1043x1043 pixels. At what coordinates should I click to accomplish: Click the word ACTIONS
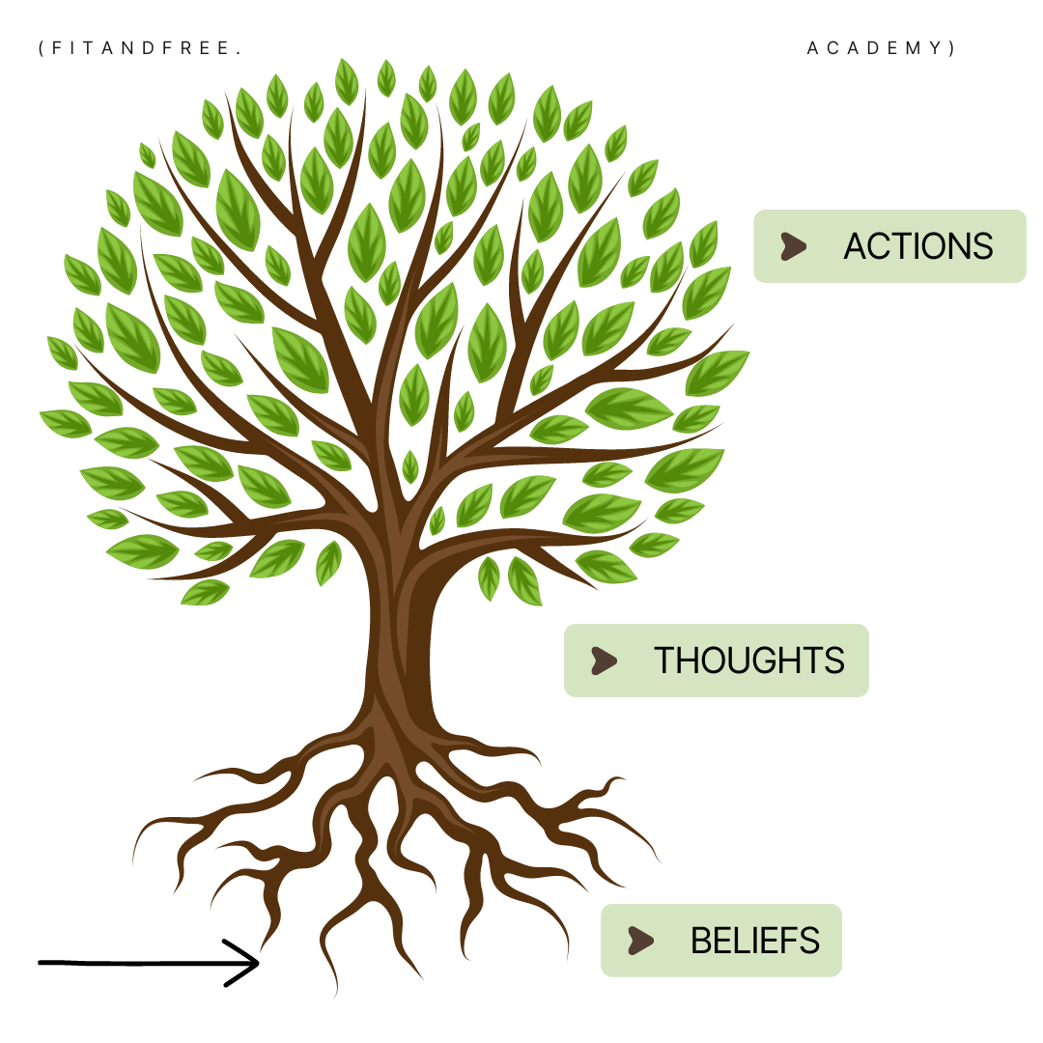tap(917, 246)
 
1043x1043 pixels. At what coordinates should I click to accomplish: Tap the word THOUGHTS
tap(748, 661)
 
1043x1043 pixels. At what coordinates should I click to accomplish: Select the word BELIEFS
tap(754, 941)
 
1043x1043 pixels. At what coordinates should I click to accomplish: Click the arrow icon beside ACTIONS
tap(793, 246)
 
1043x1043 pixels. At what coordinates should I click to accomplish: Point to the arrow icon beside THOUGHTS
tap(604, 661)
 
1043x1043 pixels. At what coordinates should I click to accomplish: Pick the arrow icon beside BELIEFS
tap(640, 941)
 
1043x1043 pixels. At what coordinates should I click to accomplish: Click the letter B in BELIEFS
tap(699, 941)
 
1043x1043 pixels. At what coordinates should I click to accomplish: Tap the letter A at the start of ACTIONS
tap(856, 246)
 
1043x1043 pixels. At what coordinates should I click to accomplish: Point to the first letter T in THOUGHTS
tap(663, 661)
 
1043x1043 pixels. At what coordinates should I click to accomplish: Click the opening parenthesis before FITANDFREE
tap(42, 48)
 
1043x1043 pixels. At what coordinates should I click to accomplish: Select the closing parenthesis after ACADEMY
tap(952, 48)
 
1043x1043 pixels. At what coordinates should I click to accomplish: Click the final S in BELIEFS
tap(810, 941)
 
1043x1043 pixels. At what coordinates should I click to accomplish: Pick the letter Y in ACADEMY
tap(935, 48)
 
